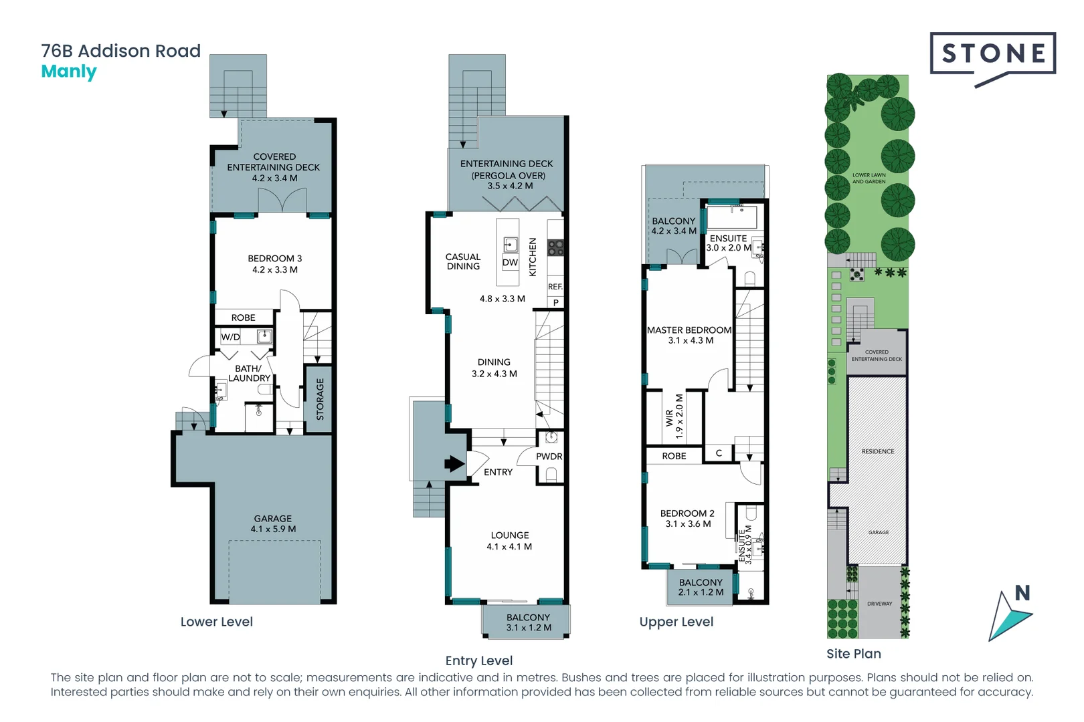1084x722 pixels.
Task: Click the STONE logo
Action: (x=992, y=54)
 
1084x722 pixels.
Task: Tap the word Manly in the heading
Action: (x=69, y=72)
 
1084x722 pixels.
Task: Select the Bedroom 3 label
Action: (x=274, y=263)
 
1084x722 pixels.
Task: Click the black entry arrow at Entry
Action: (x=454, y=463)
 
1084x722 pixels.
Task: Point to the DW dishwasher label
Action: (x=510, y=263)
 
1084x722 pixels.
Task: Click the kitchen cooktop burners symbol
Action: (x=555, y=248)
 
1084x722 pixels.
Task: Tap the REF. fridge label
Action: (x=555, y=287)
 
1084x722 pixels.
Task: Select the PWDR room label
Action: (x=549, y=457)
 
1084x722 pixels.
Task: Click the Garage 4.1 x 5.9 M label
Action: (x=273, y=523)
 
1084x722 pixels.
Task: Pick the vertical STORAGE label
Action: (x=320, y=399)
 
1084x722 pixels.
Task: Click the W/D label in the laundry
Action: (x=231, y=337)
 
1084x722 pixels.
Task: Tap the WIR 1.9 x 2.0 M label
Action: (x=674, y=416)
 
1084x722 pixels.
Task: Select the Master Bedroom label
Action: (x=689, y=335)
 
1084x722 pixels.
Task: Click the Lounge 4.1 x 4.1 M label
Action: (x=509, y=541)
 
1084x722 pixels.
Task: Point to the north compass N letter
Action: (x=1022, y=593)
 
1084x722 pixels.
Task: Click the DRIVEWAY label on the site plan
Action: (x=879, y=604)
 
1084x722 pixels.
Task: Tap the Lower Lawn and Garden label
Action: (x=869, y=178)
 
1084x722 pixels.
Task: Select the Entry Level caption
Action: (x=479, y=660)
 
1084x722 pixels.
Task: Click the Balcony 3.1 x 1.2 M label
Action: (x=528, y=622)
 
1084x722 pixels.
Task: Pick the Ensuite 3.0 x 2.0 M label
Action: (x=728, y=243)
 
